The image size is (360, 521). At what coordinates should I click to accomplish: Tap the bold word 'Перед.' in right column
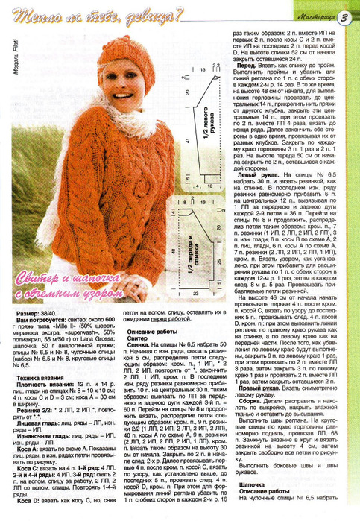[x=248, y=66]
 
